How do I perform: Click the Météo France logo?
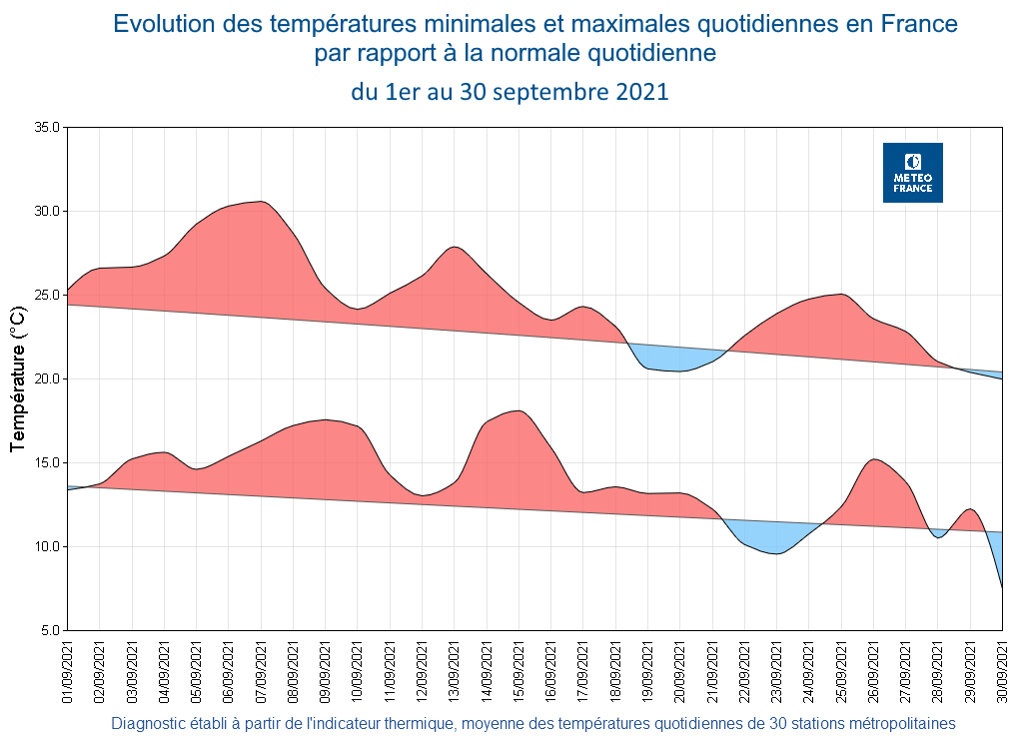(x=912, y=173)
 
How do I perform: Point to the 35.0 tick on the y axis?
(x=47, y=128)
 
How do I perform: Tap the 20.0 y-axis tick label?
(x=47, y=379)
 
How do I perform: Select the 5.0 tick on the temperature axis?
(x=50, y=631)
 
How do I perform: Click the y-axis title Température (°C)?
(x=17, y=378)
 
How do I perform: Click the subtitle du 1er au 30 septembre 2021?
(x=509, y=93)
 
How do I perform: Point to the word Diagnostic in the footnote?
(x=150, y=724)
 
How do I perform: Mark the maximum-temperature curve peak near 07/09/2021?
(x=260, y=202)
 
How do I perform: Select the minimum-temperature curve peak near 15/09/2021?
(x=517, y=410)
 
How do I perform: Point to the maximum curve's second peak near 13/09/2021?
(x=455, y=247)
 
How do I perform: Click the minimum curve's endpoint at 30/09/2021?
(x=1002, y=587)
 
